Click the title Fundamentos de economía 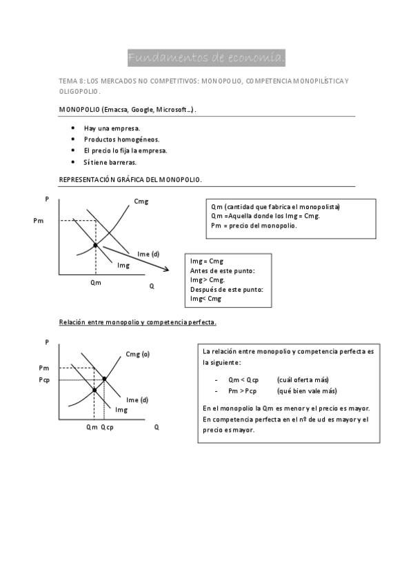click(x=206, y=56)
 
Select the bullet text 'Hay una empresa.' click(x=112, y=128)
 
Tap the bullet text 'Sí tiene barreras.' click(x=110, y=162)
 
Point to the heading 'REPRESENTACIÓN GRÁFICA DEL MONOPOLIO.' click(x=131, y=179)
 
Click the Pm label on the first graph click(x=37, y=221)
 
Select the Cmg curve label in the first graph click(x=141, y=201)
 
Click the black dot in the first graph click(x=95, y=245)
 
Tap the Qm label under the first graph click(x=95, y=282)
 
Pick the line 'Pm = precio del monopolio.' click(x=254, y=226)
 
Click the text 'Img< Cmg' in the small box click(x=205, y=299)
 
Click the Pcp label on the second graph click(x=44, y=379)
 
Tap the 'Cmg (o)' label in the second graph click(x=137, y=354)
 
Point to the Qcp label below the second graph click(x=107, y=427)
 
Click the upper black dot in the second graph click(x=104, y=379)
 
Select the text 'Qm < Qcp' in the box click(x=243, y=380)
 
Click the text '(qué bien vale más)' click(x=307, y=390)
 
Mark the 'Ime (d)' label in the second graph click(x=137, y=399)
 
